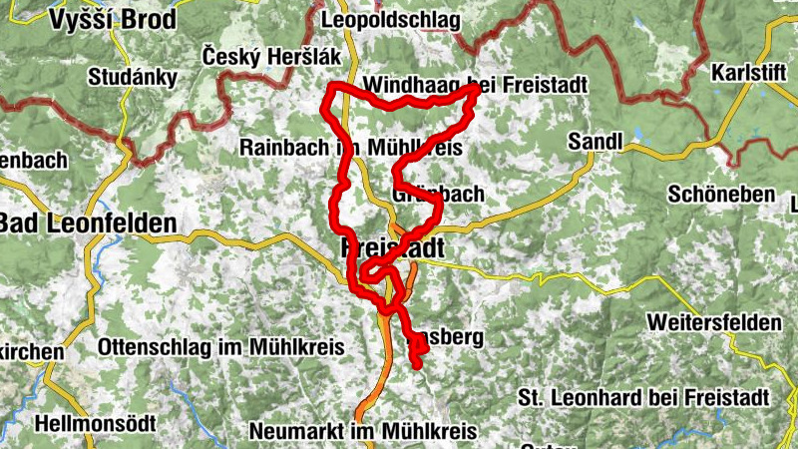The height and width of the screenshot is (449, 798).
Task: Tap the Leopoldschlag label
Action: [391, 19]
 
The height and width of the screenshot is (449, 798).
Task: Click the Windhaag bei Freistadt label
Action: [475, 84]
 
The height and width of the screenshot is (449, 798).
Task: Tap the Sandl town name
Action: [595, 143]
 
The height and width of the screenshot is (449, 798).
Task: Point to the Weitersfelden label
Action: [713, 323]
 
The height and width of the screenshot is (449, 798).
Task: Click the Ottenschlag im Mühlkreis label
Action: [220, 347]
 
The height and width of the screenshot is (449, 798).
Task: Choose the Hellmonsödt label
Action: [95, 423]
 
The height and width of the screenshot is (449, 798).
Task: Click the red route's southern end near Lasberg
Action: [417, 365]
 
